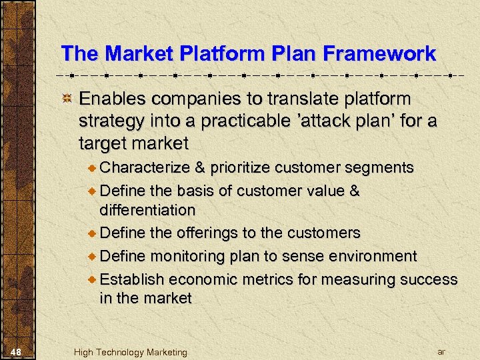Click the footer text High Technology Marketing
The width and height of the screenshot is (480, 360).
(131, 352)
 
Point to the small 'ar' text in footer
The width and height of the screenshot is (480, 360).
(441, 351)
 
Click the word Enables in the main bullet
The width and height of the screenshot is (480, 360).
(113, 99)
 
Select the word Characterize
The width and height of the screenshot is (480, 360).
(145, 167)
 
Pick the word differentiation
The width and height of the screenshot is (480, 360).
(147, 210)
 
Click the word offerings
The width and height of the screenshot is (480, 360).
(206, 233)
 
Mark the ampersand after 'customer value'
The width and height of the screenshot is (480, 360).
(354, 191)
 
